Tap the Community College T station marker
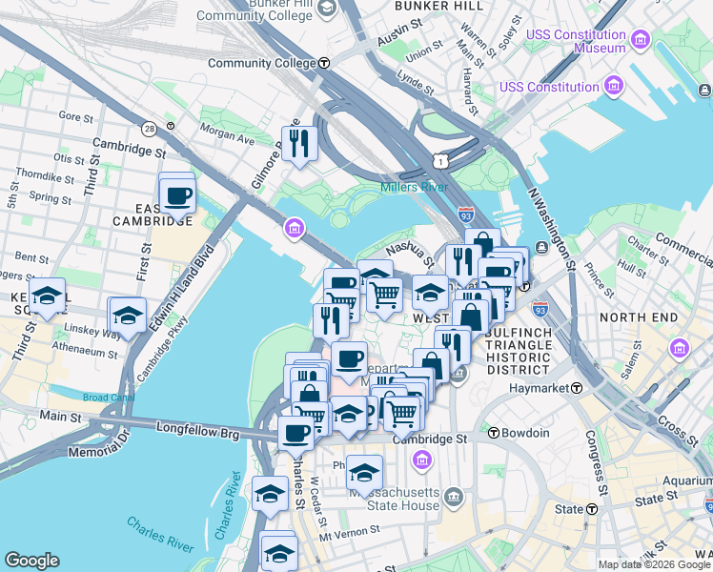[x=324, y=64]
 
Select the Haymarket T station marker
[x=578, y=388]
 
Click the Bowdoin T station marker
[x=494, y=433]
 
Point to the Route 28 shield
[x=150, y=128]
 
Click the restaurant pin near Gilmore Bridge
[x=299, y=143]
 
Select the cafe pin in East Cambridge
[x=177, y=196]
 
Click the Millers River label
[x=415, y=187]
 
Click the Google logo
[x=31, y=561]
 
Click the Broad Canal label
[x=108, y=398]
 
